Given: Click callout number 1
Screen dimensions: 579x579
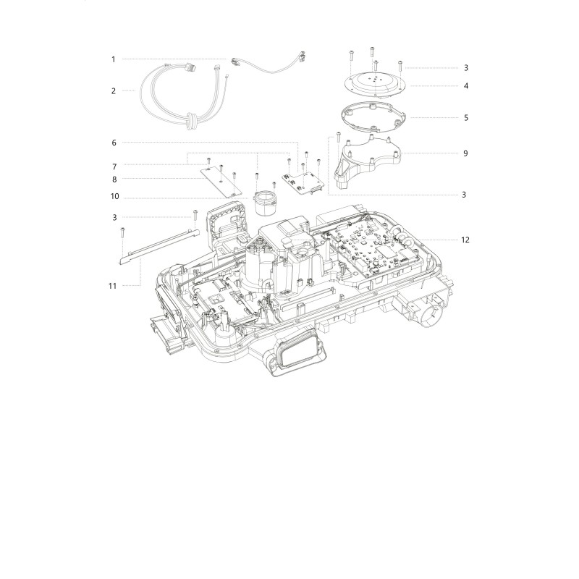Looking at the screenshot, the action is point(114,59).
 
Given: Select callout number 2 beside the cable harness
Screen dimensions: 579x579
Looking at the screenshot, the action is point(114,91).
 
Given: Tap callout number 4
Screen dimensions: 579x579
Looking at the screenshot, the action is point(466,85).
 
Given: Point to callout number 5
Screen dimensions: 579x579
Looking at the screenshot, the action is point(466,118).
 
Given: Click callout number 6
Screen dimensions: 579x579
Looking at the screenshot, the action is point(114,143).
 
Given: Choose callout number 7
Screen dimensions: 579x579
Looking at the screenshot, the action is point(114,167).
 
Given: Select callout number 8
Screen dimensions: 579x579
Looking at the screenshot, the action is point(114,179).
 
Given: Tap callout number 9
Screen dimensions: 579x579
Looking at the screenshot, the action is point(465,153).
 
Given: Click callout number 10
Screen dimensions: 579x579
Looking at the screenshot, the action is point(115,196).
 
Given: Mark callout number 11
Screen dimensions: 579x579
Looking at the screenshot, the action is point(112,286).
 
